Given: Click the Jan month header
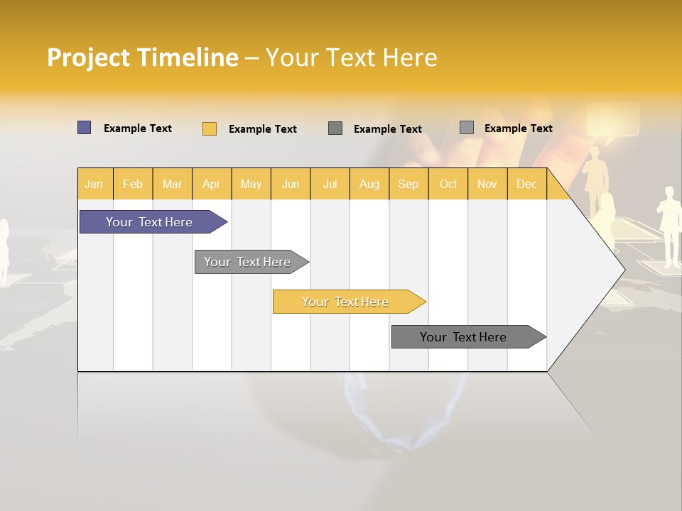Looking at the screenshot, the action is point(94,184).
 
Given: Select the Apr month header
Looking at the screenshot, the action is point(211,184).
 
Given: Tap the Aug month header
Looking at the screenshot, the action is point(369,184).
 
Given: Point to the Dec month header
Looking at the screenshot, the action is point(526,184).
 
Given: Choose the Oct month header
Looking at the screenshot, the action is point(448,184).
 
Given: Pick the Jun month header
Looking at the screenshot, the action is point(291,184).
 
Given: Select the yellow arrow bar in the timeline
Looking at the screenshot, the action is point(347,302).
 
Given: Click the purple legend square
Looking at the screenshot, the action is point(84,128).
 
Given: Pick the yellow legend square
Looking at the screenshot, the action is point(209,128).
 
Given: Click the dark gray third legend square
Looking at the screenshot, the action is point(335,128).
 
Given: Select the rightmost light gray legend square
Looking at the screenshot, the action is point(466,127).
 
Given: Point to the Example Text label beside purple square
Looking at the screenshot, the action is point(138,128).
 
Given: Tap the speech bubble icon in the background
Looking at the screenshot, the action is point(612,121).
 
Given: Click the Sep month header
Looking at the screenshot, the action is point(408,184).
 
